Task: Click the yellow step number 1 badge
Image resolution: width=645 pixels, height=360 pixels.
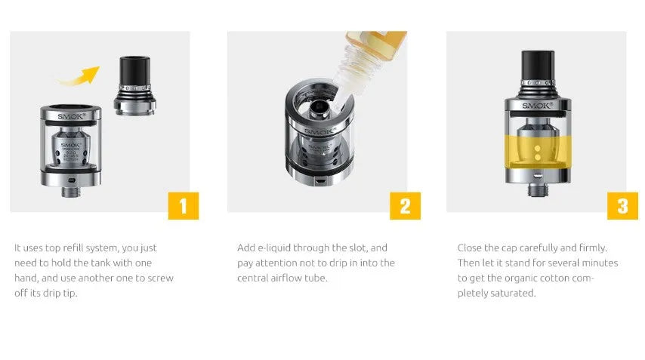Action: [x=184, y=206]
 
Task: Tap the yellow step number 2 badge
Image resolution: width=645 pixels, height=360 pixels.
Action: [x=405, y=206]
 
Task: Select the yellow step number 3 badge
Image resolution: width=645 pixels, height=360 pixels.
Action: [x=622, y=206]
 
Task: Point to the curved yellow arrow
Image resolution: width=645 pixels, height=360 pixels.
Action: [x=78, y=76]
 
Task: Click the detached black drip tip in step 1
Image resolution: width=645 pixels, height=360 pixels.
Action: [x=134, y=85]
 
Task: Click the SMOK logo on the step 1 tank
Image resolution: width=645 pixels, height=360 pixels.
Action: [x=71, y=116]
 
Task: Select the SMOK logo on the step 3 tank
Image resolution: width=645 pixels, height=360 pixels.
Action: [x=537, y=106]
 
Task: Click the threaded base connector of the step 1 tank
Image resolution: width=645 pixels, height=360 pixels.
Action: [x=71, y=191]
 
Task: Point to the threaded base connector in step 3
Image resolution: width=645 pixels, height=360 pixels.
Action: [x=537, y=189]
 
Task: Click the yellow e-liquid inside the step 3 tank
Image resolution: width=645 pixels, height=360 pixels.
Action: [x=538, y=152]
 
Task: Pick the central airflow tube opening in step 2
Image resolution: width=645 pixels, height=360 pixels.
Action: [x=318, y=107]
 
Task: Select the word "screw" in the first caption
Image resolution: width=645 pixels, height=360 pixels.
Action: [x=160, y=278]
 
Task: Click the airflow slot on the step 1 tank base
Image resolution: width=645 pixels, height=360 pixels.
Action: [x=72, y=180]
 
